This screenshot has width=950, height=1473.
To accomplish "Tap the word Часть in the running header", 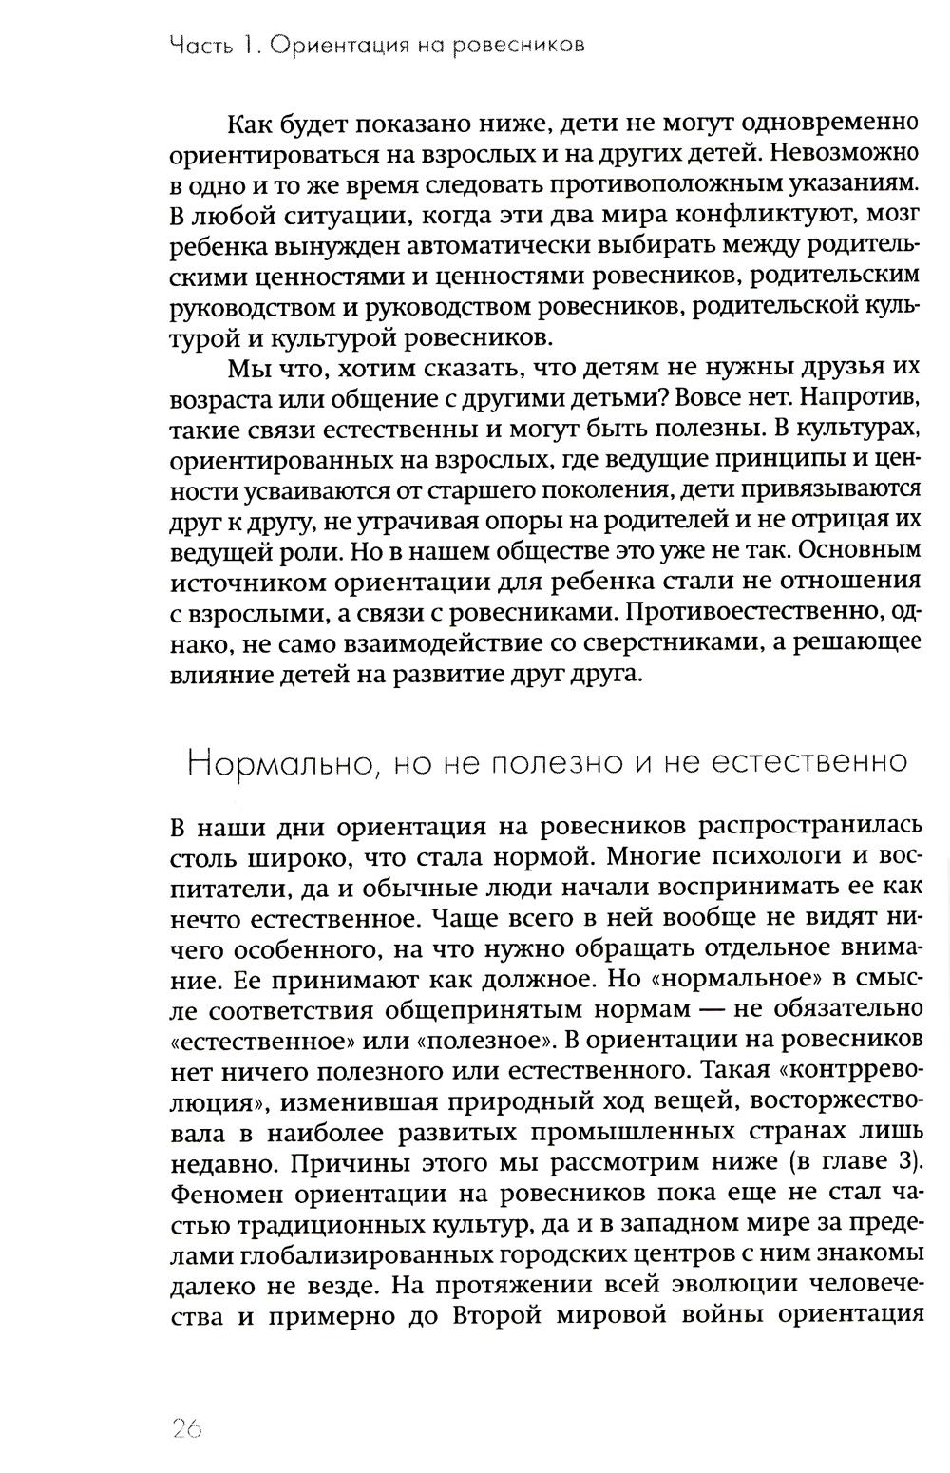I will click(x=198, y=45).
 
